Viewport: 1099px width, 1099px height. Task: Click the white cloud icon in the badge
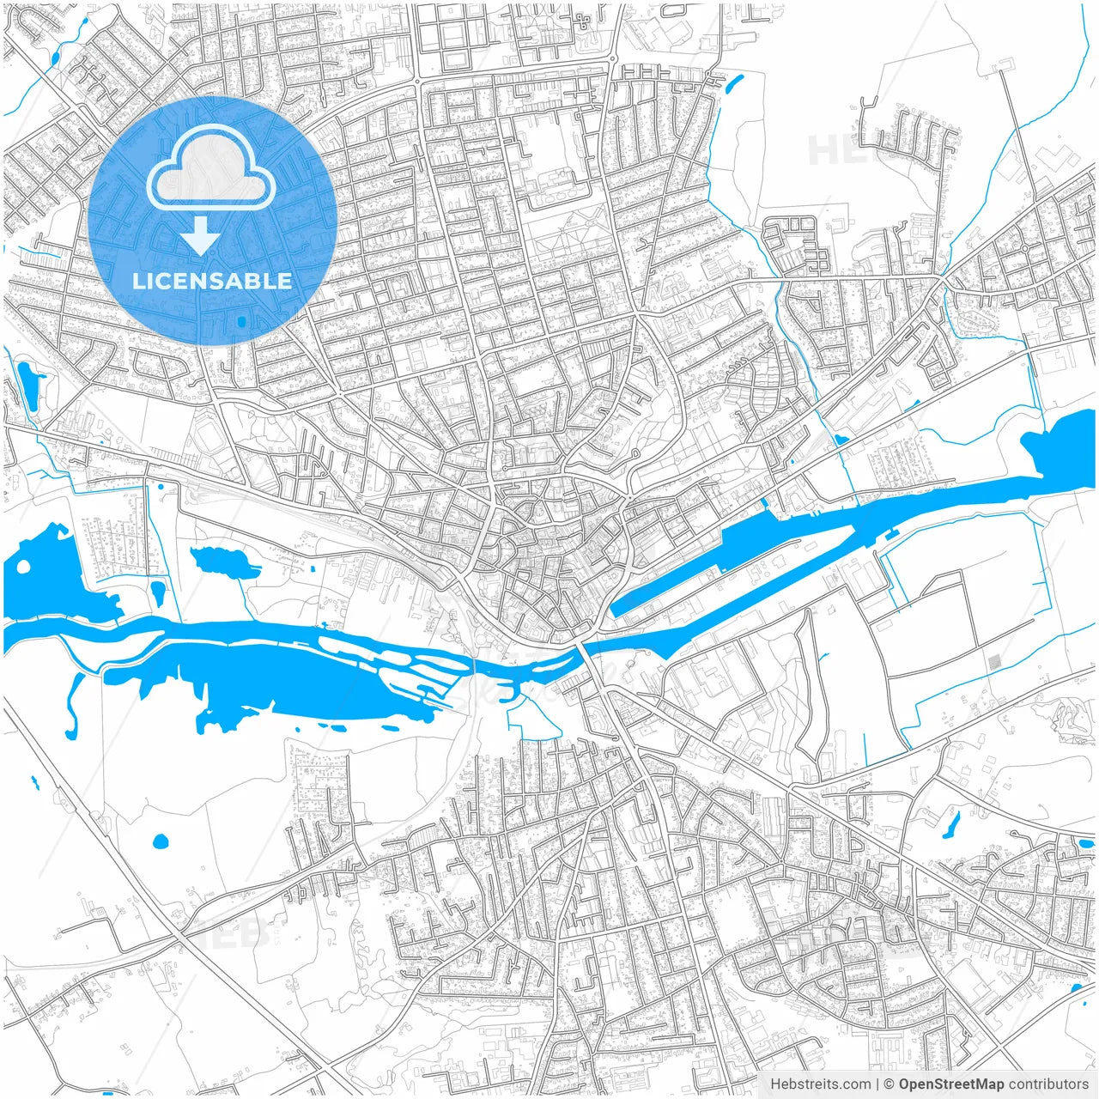click(x=211, y=169)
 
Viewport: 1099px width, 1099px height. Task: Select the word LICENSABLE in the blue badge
click(x=212, y=281)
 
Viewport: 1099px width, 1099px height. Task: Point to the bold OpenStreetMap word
click(x=951, y=1084)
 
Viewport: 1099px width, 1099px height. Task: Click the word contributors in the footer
click(x=1048, y=1084)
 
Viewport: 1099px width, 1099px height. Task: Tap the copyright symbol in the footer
click(x=890, y=1084)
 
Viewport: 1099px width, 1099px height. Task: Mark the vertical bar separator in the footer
click(x=877, y=1084)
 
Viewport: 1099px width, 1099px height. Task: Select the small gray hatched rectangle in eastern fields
click(x=994, y=663)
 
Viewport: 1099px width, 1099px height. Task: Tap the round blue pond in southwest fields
click(x=160, y=841)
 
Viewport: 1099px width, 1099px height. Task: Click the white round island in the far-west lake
click(x=23, y=568)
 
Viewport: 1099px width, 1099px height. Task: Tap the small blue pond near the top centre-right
click(x=734, y=83)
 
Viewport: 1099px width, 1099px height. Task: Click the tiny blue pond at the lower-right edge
click(x=1076, y=987)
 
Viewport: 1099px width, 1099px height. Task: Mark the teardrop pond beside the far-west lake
click(x=158, y=592)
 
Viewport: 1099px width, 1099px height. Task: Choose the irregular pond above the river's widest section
click(x=225, y=562)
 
